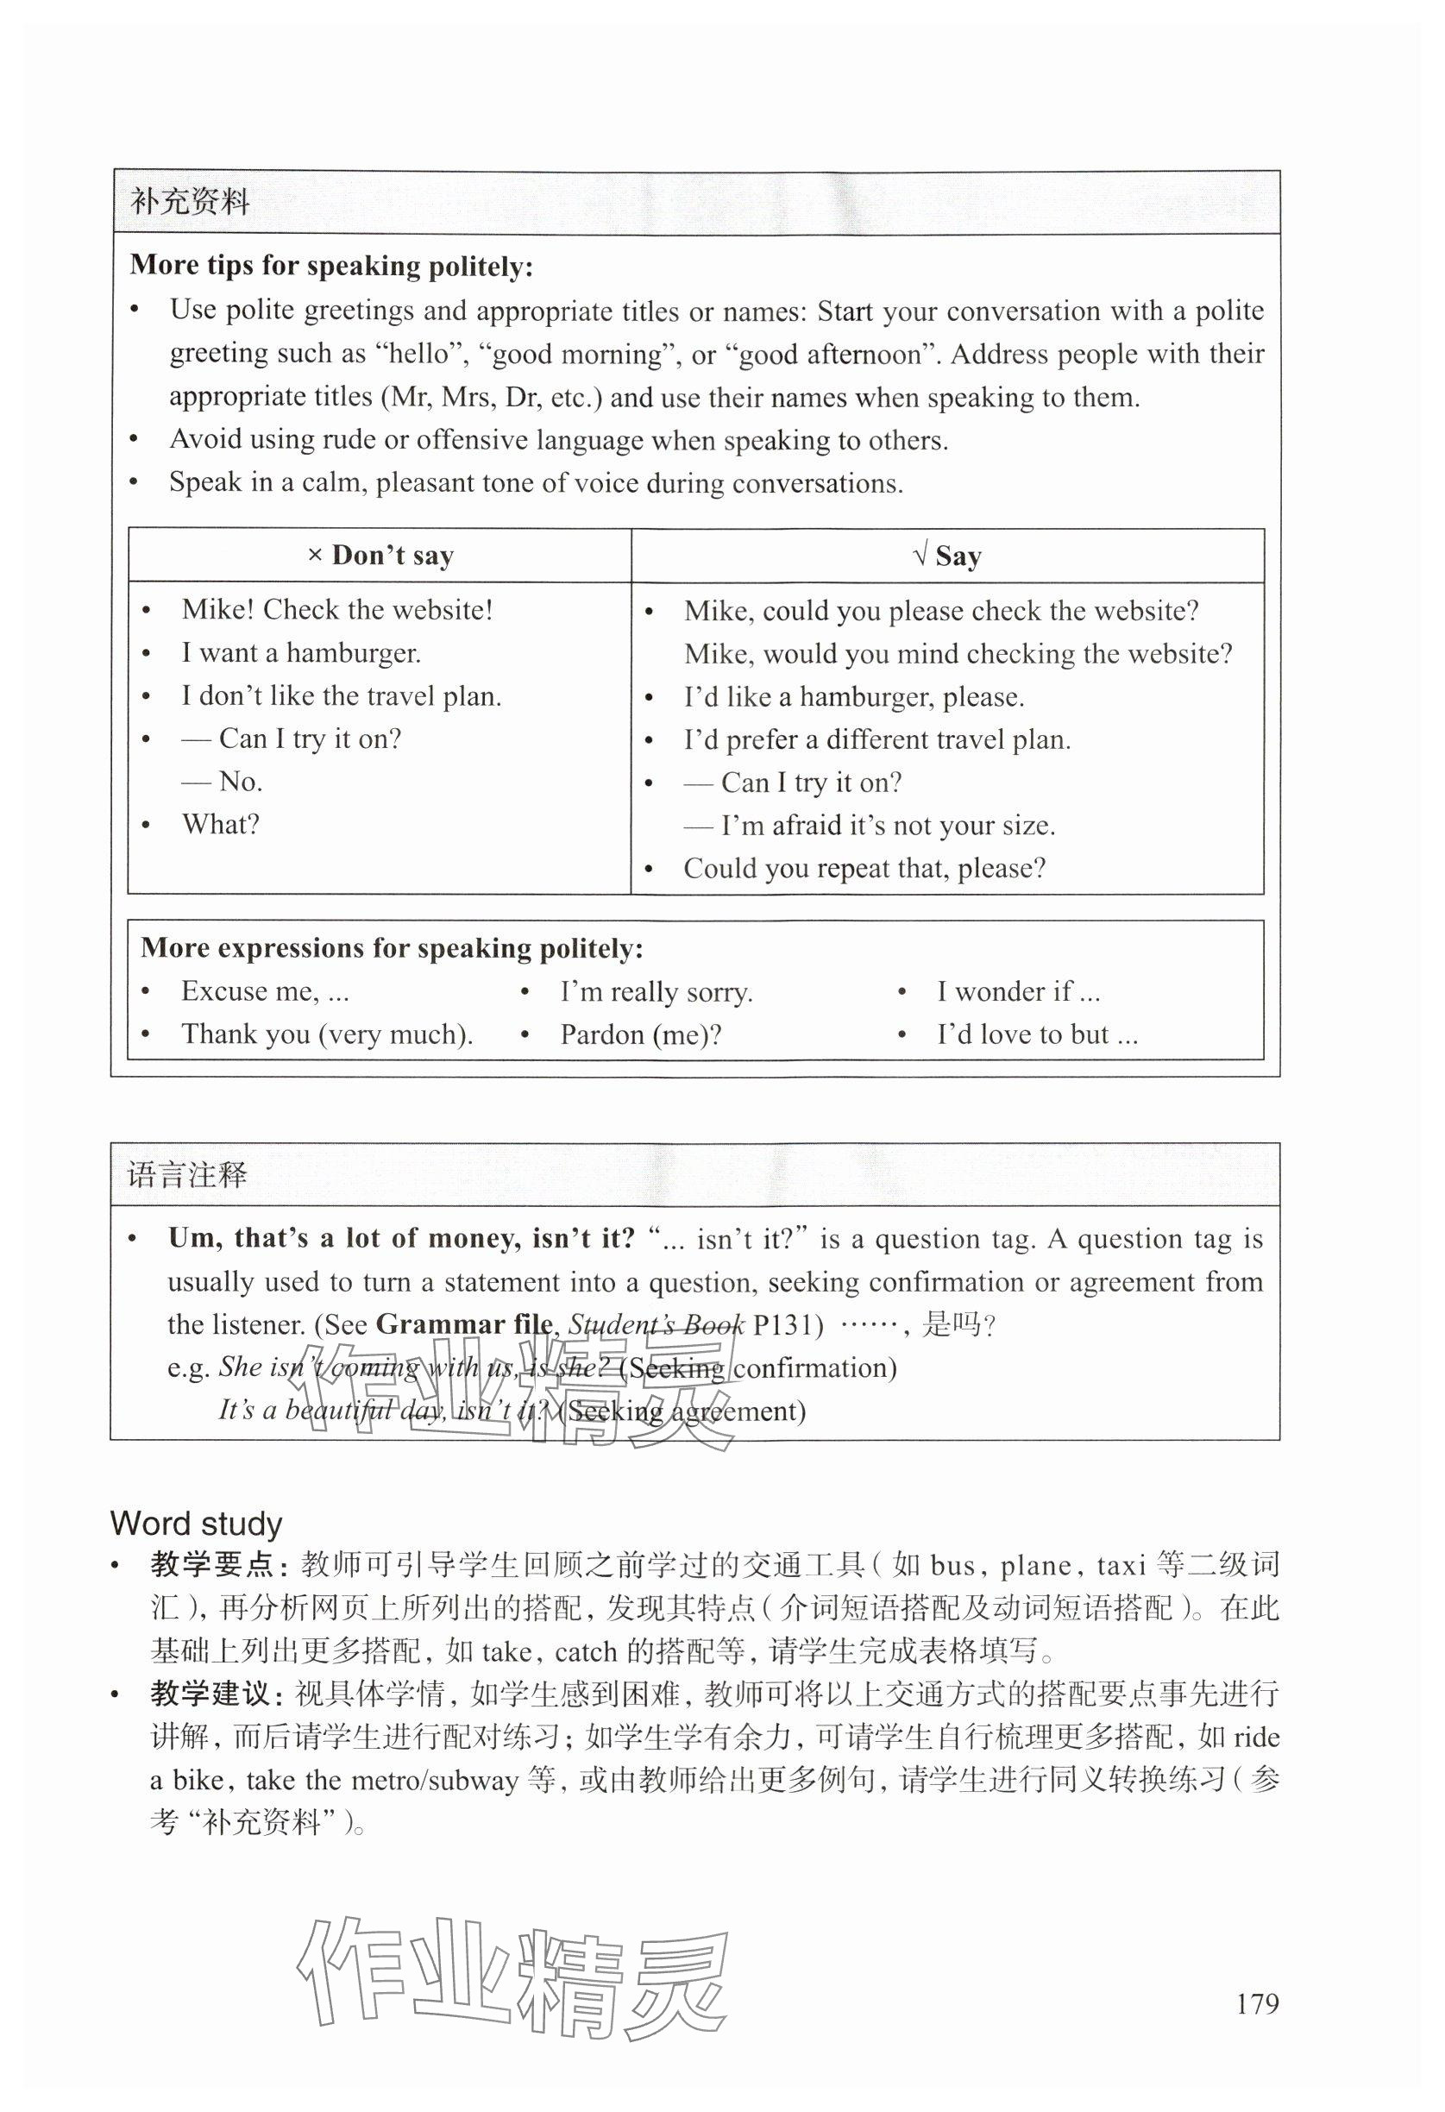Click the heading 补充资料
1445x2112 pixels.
click(x=190, y=202)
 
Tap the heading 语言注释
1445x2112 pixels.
click(x=187, y=1175)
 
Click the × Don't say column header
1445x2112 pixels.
click(x=380, y=556)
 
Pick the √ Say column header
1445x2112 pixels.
click(x=947, y=556)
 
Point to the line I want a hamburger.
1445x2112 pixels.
click(x=301, y=652)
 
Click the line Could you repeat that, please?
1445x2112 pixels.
click(x=864, y=868)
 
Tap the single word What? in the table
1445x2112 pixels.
click(x=221, y=824)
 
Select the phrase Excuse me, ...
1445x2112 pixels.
click(x=265, y=990)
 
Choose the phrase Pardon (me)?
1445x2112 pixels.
click(x=641, y=1034)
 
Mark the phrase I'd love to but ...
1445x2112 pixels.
click(x=1037, y=1034)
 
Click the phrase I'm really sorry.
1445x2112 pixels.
click(x=657, y=991)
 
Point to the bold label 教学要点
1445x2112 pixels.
click(x=211, y=1566)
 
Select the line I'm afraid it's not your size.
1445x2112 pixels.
click(x=887, y=825)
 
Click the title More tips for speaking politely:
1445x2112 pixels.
click(x=330, y=266)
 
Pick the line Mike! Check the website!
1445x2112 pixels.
click(x=337, y=610)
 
